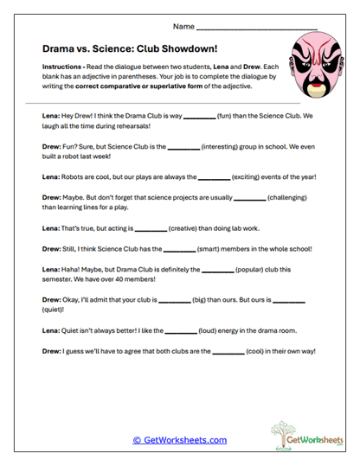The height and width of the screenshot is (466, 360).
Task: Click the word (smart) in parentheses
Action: [x=221, y=249]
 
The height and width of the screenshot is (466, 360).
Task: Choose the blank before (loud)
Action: [x=181, y=330]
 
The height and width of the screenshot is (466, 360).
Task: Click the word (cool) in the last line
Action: [x=260, y=351]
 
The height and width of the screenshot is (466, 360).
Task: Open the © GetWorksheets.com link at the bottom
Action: [x=179, y=440]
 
